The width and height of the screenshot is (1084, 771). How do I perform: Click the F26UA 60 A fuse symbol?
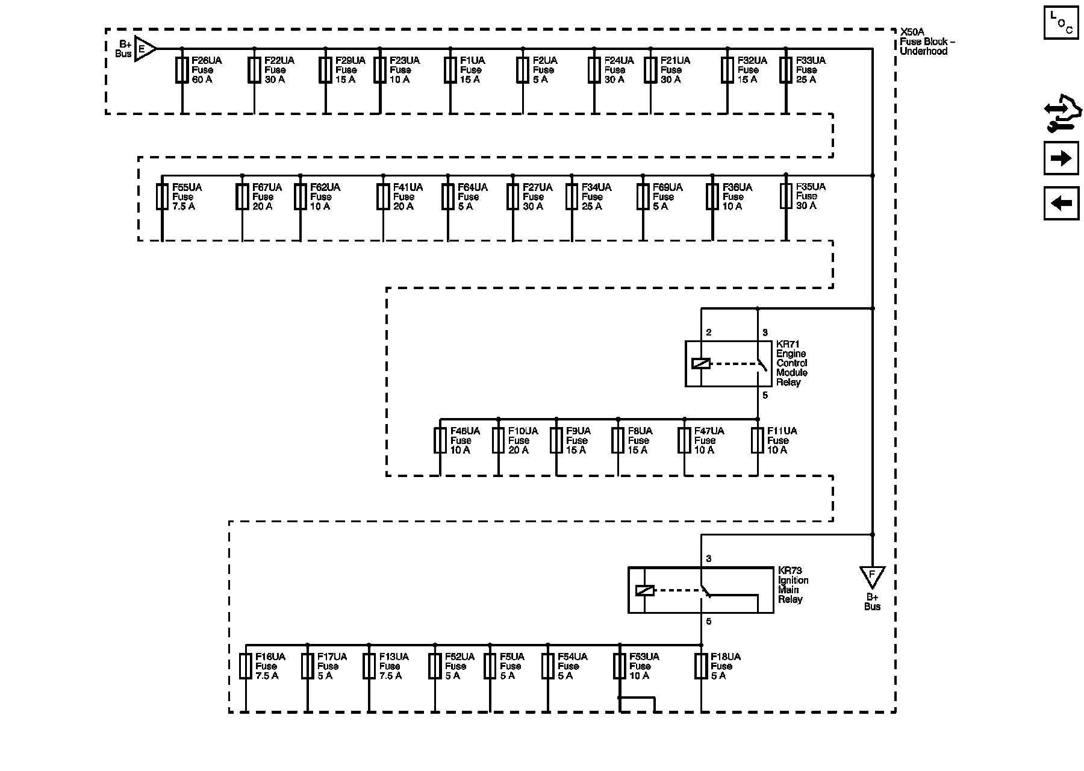click(182, 70)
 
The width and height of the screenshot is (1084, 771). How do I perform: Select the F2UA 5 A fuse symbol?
click(523, 70)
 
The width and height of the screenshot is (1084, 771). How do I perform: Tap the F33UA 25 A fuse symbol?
click(786, 70)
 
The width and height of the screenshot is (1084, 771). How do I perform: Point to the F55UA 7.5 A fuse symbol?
click(162, 197)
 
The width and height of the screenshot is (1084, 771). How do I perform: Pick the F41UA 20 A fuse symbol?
click(383, 197)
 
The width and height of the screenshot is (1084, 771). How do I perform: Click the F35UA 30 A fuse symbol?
click(786, 196)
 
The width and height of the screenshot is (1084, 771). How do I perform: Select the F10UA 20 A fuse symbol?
click(498, 440)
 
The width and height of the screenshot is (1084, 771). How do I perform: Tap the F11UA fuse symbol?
click(758, 440)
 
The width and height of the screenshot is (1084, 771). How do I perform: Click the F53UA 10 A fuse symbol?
click(619, 666)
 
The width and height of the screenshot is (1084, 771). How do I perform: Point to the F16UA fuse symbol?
click(246, 666)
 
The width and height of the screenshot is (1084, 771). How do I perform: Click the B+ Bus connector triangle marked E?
click(144, 48)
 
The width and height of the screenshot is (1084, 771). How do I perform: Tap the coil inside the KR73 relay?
click(644, 590)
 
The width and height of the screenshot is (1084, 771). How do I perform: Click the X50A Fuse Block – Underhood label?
click(927, 42)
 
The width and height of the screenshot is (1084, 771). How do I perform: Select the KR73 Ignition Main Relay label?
click(793, 585)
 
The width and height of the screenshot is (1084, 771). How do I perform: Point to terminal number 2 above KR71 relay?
click(709, 332)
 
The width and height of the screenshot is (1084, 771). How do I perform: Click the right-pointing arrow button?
click(1061, 158)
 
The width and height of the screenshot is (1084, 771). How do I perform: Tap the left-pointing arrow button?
click(1061, 204)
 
